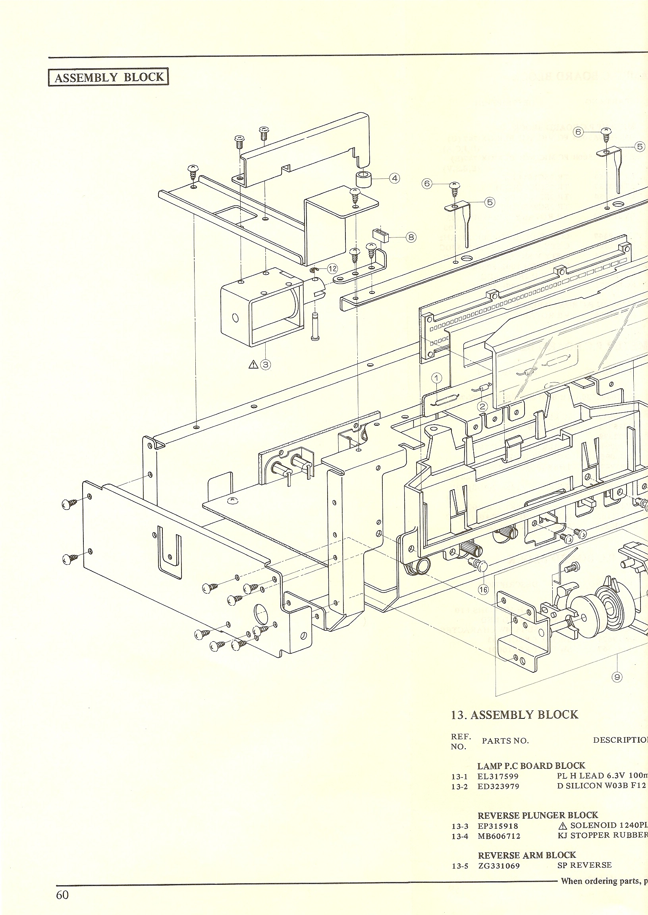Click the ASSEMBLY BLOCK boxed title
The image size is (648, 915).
pyautogui.click(x=108, y=77)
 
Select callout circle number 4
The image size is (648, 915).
pyautogui.click(x=394, y=178)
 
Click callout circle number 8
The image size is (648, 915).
pyautogui.click(x=411, y=237)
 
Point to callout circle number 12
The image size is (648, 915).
pyautogui.click(x=332, y=268)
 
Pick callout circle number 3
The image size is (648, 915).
pyautogui.click(x=265, y=364)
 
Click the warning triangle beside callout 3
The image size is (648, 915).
pyautogui.click(x=253, y=364)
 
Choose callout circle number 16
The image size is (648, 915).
pyautogui.click(x=483, y=590)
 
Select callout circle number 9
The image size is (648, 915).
pyautogui.click(x=617, y=677)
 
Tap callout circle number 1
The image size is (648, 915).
pyautogui.click(x=437, y=378)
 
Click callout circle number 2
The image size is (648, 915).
pyautogui.click(x=483, y=406)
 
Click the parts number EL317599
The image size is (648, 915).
pyautogui.click(x=498, y=776)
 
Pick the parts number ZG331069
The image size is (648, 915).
pyautogui.click(x=499, y=865)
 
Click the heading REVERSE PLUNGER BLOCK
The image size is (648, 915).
pyautogui.click(x=538, y=815)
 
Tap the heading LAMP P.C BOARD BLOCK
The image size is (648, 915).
pyautogui.click(x=531, y=765)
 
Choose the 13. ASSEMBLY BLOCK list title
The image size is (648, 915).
pyautogui.click(x=514, y=714)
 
